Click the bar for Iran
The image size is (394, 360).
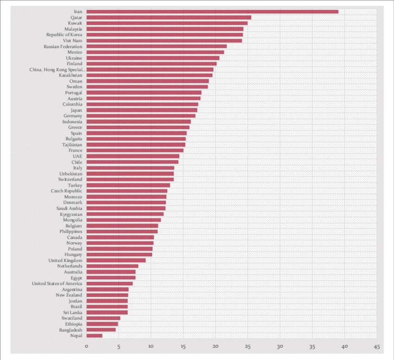coord(212,12)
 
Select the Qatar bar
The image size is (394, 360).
coord(168,18)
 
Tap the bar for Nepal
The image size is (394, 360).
coord(94,335)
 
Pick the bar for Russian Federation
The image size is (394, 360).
coord(156,46)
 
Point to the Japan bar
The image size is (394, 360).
coord(141,110)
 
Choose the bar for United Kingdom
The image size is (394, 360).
coord(116,260)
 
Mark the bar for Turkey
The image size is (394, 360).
coord(128,185)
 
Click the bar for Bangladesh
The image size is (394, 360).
coord(101,330)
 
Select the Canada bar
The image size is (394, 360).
coord(120,237)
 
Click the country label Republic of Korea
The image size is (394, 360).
coord(64,35)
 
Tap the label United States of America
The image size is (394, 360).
coord(57,284)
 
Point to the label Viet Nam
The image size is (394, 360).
coord(72,41)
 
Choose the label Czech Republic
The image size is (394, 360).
coord(67,191)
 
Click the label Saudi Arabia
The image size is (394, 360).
coord(69,208)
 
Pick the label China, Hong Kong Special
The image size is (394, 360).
coord(57,69)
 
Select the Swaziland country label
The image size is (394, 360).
coord(72,318)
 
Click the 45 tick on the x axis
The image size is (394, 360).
coord(376,347)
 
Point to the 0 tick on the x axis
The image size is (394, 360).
coord(86,347)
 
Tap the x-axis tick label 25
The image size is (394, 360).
coord(248,347)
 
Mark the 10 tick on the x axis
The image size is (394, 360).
coord(151,347)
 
